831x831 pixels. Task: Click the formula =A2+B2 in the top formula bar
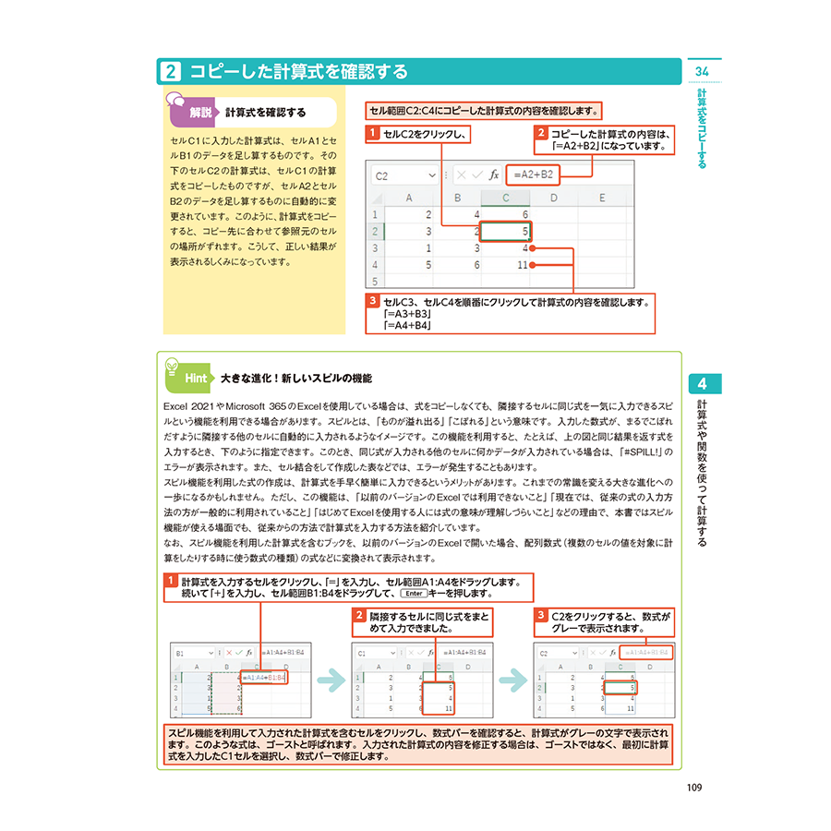tap(534, 174)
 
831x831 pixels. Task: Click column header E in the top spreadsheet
tap(601, 197)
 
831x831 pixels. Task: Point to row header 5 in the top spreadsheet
tap(375, 281)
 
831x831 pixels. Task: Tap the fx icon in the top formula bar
tap(493, 174)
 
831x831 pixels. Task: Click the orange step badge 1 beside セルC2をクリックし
tap(372, 135)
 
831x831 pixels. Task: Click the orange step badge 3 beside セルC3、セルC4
tap(372, 302)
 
